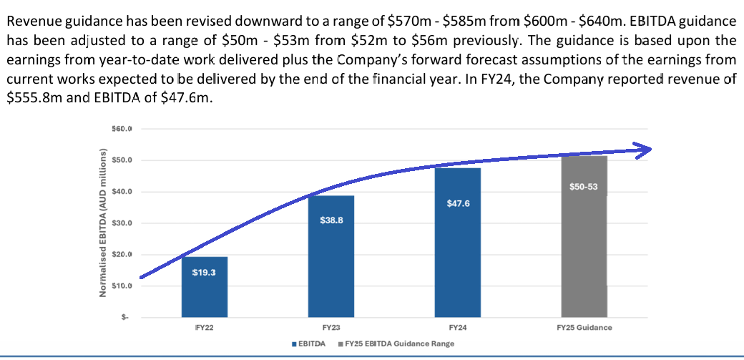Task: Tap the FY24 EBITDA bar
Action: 458,243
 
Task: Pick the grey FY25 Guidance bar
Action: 584,236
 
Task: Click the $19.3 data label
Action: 205,272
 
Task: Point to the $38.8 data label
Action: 331,220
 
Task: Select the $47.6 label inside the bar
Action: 458,204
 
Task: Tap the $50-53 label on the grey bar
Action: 584,187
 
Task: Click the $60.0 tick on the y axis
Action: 123,129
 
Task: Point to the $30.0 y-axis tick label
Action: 123,223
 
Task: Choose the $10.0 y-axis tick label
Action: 123,286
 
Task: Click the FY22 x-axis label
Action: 205,327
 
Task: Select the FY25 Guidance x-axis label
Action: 584,327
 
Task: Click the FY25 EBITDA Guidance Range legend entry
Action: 398,344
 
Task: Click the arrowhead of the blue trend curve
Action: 646,149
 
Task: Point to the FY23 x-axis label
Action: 331,327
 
